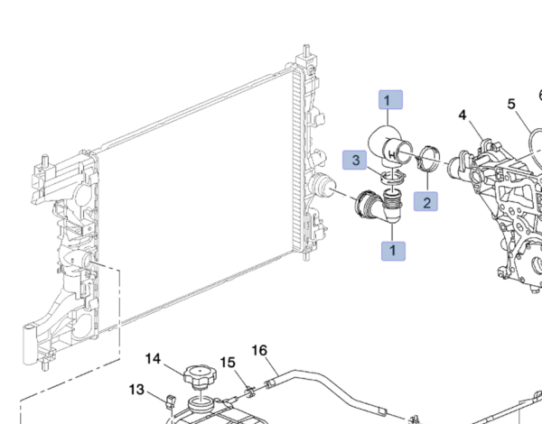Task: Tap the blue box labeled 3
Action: [356, 161]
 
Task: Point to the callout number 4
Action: [463, 115]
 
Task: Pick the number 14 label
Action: [154, 360]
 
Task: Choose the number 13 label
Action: [136, 390]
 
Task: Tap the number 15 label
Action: [229, 363]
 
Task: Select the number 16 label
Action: [259, 350]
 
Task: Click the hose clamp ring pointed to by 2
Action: [431, 164]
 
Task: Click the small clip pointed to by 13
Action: [170, 400]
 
